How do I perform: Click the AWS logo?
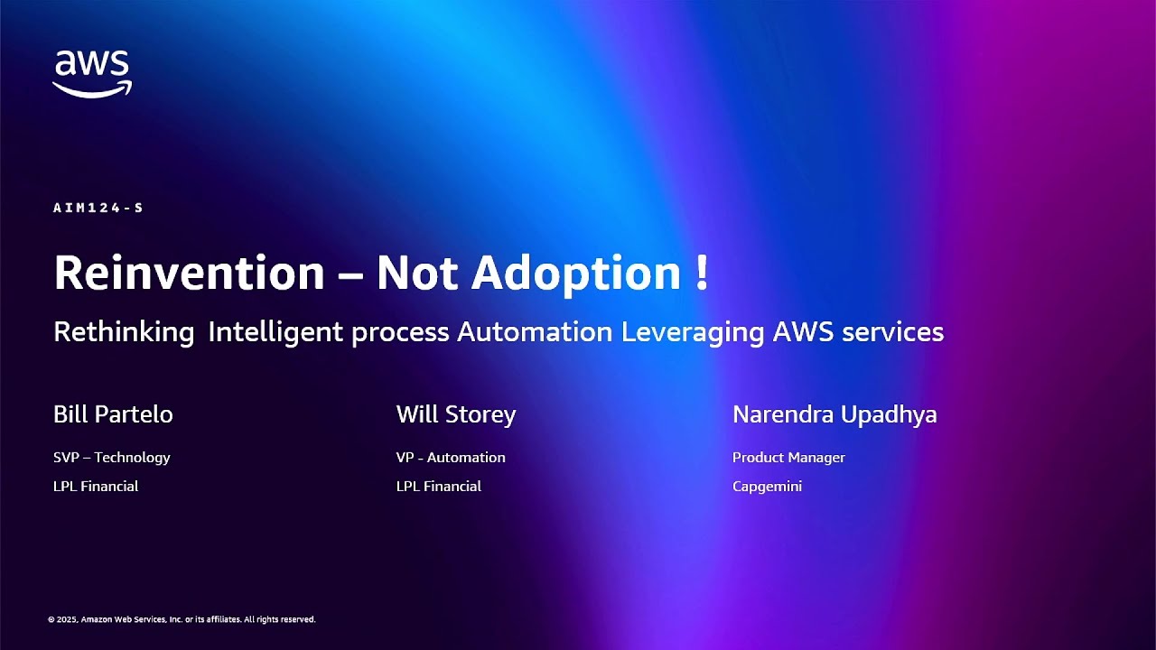[92, 72]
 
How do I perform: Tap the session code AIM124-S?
[98, 208]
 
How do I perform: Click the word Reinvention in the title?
[189, 272]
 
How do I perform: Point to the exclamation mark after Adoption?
[703, 272]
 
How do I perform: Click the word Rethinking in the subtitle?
[124, 332]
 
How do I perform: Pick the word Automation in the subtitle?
[535, 332]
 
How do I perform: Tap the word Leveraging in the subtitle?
[693, 332]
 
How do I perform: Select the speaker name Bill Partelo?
[113, 414]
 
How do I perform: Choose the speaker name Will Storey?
[456, 414]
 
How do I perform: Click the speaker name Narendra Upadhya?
[834, 414]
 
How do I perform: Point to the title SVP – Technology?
[112, 458]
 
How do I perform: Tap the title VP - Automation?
[451, 458]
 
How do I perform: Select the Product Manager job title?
[788, 458]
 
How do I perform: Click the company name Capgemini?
[767, 487]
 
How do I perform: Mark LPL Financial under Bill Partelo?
[96, 487]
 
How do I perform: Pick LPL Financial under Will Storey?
[439, 487]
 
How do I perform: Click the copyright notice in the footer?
[182, 620]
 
